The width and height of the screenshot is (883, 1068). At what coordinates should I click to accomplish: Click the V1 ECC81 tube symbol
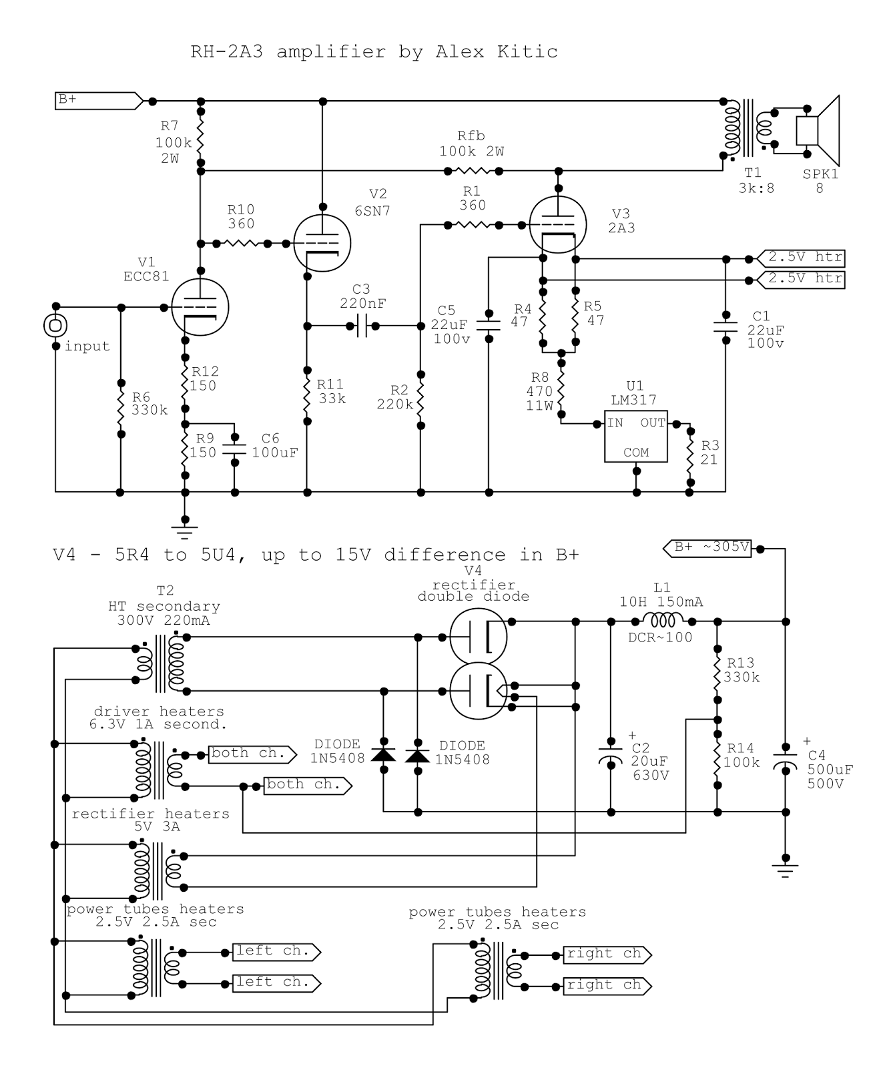[200, 307]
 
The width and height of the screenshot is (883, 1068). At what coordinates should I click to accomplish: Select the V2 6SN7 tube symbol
[322, 243]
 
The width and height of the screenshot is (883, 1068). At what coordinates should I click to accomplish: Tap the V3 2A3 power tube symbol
[557, 225]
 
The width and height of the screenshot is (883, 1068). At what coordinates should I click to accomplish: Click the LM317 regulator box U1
[635, 437]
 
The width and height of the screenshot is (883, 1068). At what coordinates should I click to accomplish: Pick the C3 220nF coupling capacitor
[361, 326]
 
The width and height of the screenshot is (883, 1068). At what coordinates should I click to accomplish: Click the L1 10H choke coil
[661, 621]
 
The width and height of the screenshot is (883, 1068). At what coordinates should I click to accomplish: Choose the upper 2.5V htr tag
[800, 258]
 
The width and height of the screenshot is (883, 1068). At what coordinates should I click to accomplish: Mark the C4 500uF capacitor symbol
[786, 765]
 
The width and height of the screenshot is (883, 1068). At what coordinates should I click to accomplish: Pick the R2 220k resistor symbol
[420, 398]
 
